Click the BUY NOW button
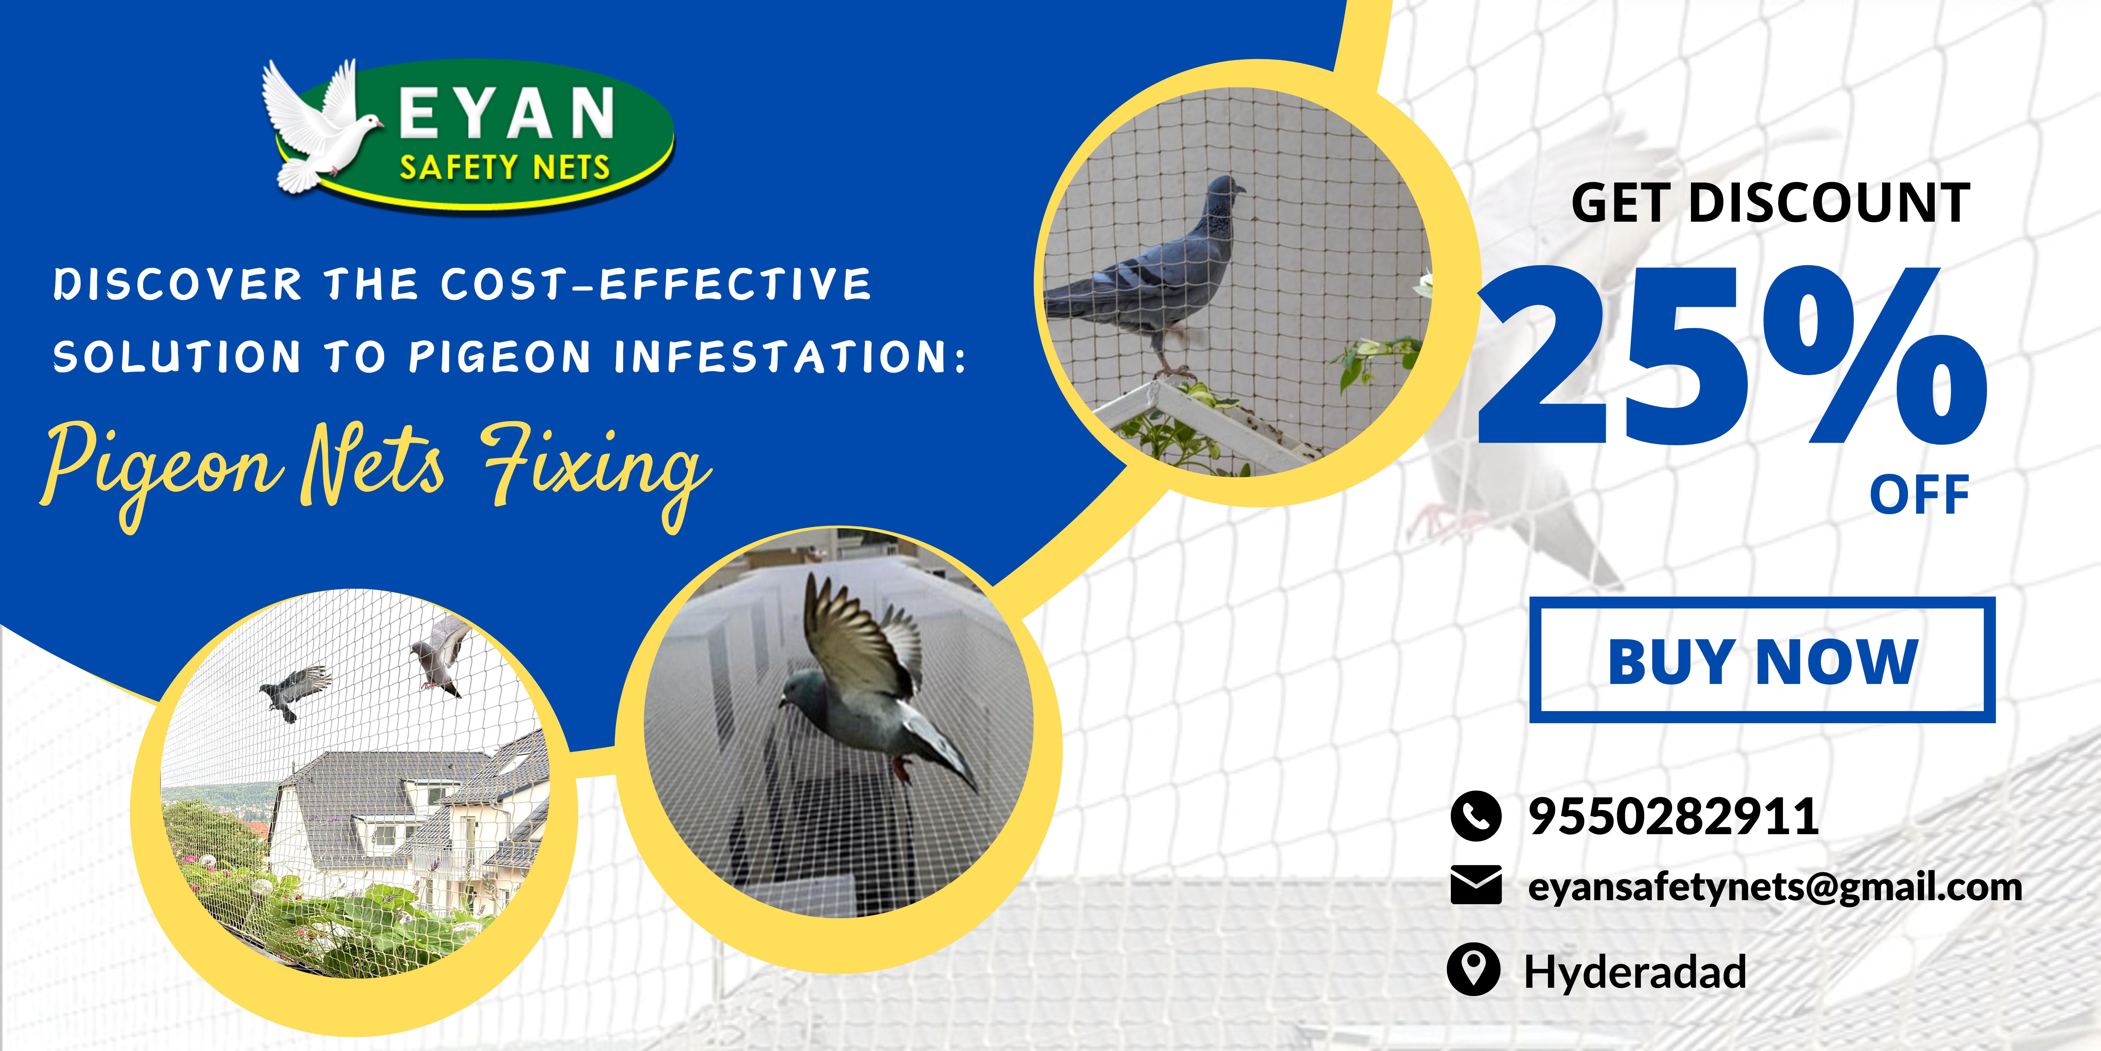pyautogui.click(x=1762, y=660)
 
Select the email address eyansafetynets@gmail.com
pyautogui.click(x=1775, y=887)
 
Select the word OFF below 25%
pyautogui.click(x=1919, y=495)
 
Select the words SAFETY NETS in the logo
pyautogui.click(x=504, y=167)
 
